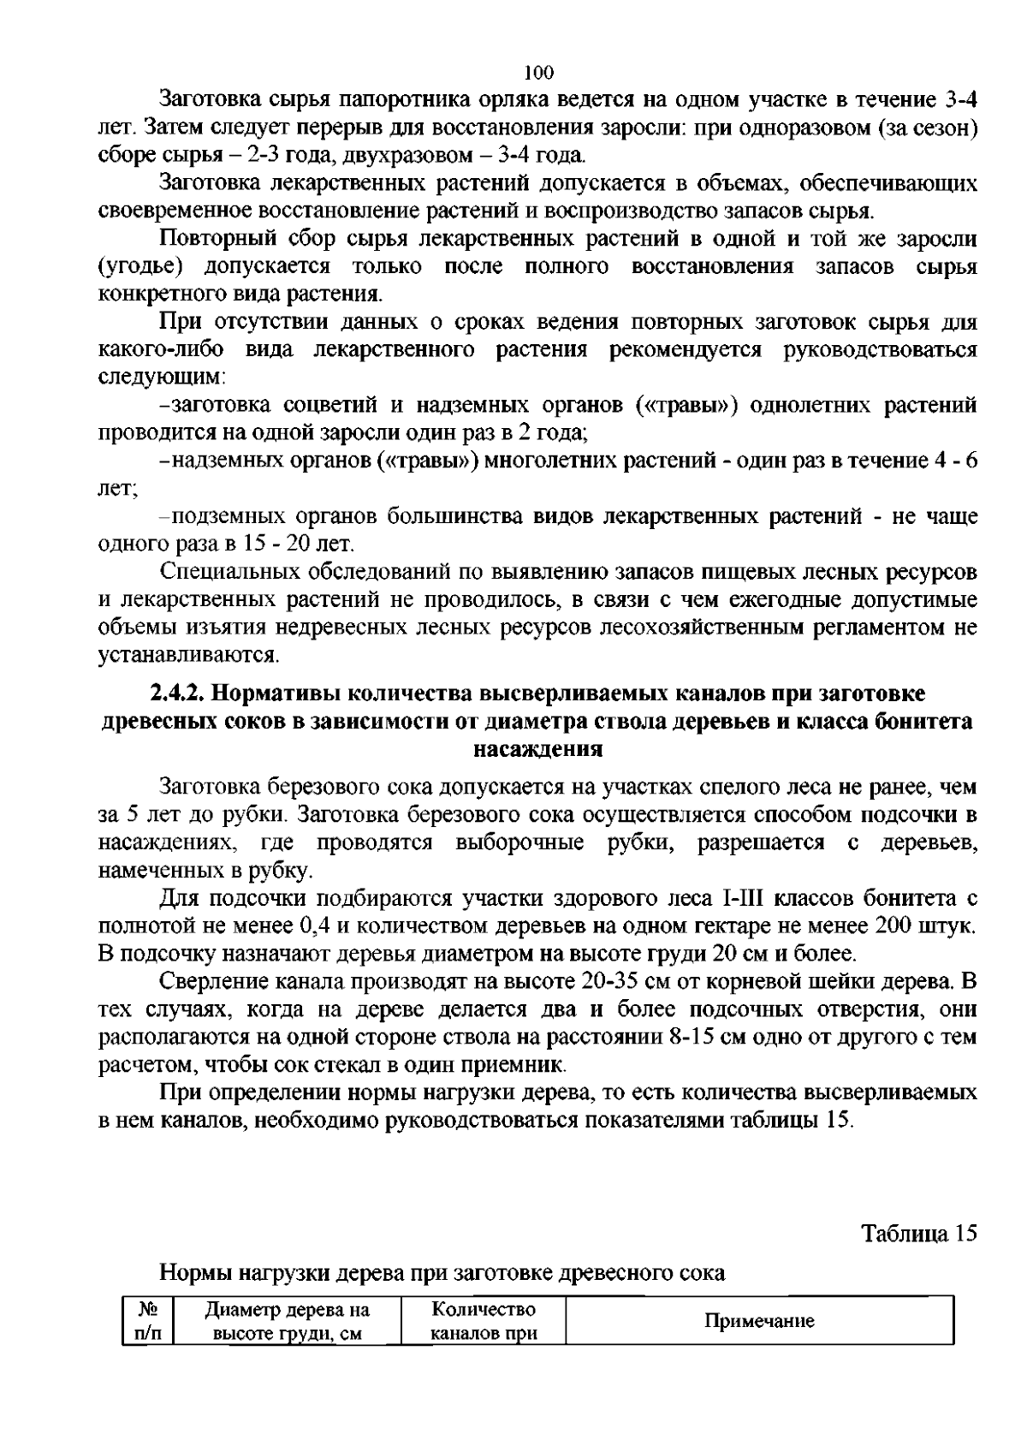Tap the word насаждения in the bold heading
[538, 749]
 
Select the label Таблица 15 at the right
[918, 1234]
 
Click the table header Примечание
[758, 1321]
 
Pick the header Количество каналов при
[484, 1321]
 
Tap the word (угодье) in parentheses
[140, 266]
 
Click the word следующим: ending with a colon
[162, 378]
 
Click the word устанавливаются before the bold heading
[189, 656]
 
